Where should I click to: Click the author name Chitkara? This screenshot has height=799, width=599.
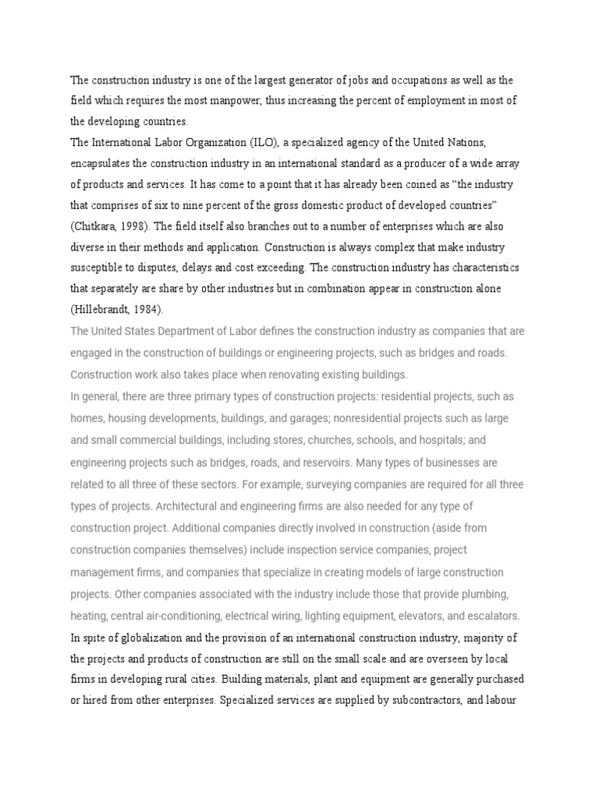(99, 226)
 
